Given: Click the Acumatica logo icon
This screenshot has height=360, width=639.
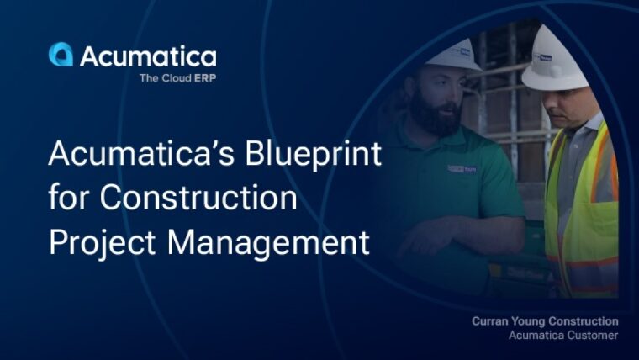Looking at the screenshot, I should (x=61, y=55).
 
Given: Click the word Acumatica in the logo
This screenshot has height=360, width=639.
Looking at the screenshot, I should (x=148, y=56).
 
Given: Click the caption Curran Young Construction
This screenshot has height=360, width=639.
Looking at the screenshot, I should (x=545, y=321).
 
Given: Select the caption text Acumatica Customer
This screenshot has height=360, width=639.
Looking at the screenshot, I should (x=563, y=336).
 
